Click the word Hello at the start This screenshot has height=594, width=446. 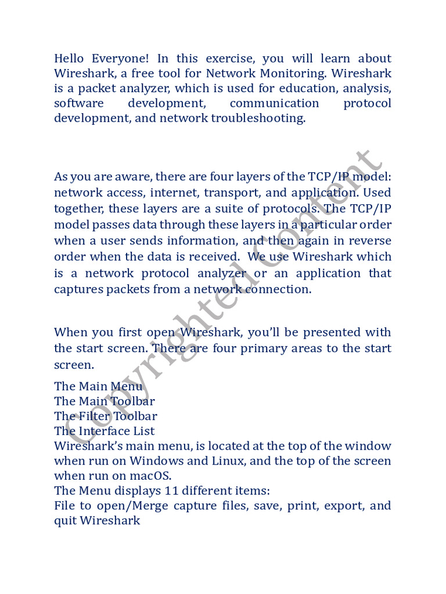69,59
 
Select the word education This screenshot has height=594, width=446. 308,89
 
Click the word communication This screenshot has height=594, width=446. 274,104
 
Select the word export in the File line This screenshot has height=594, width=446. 342,506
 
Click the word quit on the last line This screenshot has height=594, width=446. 64,521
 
